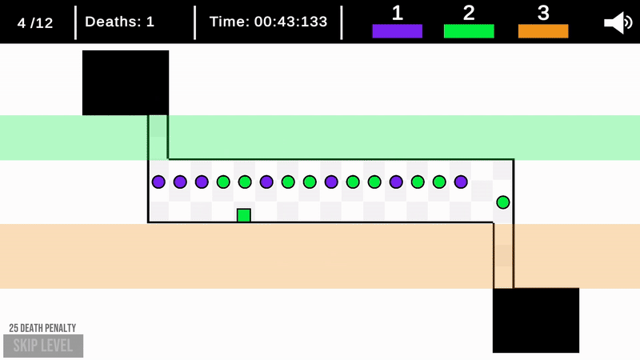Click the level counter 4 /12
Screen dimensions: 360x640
[x=35, y=22]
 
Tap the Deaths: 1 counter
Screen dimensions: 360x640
[x=119, y=22]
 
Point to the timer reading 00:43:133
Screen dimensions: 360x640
[x=268, y=22]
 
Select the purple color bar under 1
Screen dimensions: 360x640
[x=397, y=31]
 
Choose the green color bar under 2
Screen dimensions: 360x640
[x=469, y=31]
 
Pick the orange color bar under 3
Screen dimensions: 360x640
[x=543, y=31]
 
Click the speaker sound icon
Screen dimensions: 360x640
[x=618, y=22]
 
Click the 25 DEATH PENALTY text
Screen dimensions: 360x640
[x=42, y=328]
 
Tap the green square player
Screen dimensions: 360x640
[x=244, y=215]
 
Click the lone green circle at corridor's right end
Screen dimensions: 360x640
[x=503, y=202]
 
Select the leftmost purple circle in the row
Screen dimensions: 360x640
[x=158, y=182]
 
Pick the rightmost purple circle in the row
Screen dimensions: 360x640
[x=461, y=182]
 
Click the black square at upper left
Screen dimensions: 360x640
[x=126, y=82]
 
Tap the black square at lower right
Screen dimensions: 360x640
[x=535, y=320]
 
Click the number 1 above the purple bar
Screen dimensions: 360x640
[x=397, y=13]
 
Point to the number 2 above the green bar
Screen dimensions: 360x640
[x=469, y=13]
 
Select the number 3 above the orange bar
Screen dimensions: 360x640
[x=543, y=13]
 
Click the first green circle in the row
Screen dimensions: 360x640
[x=223, y=182]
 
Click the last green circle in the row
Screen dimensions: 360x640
[x=439, y=182]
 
